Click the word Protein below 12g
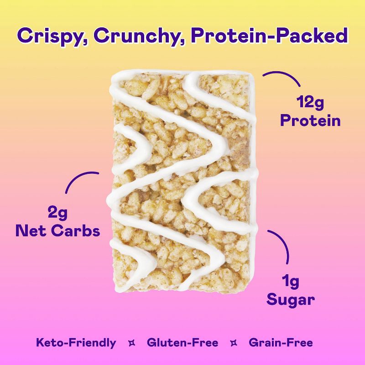pos(310,120)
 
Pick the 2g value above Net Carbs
pos(57,212)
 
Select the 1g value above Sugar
pos(291,282)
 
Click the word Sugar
pos(291,300)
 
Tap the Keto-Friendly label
pos(76,343)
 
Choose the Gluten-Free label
pos(182,343)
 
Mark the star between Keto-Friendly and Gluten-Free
pos(132,343)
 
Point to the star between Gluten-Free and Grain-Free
pos(233,343)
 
